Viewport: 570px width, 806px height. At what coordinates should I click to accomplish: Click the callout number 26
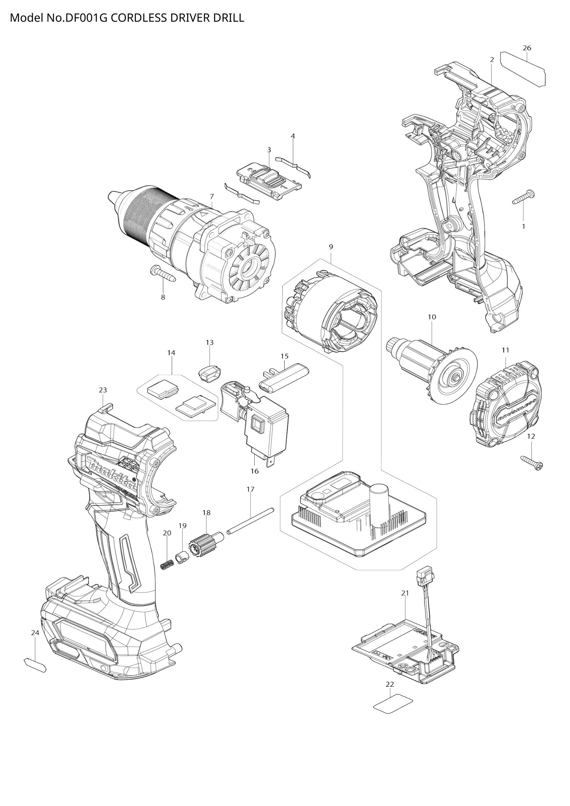pos(527,48)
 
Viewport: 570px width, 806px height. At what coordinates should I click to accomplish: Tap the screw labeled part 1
pos(523,197)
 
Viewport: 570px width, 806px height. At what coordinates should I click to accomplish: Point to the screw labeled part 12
pos(532,462)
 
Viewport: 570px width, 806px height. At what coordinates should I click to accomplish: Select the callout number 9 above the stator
pos(330,247)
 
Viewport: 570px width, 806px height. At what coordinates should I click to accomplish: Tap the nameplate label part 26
pos(523,69)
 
